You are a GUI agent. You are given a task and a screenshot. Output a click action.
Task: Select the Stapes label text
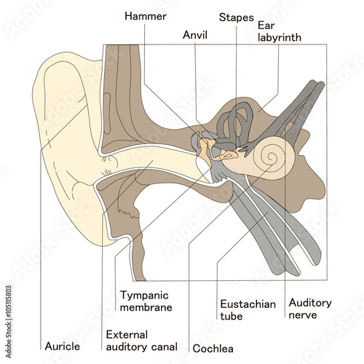click(236, 16)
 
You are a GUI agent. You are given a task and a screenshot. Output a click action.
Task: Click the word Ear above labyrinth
click(266, 24)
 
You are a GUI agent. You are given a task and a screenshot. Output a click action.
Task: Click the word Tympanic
click(143, 296)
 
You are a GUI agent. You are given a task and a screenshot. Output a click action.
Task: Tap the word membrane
click(146, 307)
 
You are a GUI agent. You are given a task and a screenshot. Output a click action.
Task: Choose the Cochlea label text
click(213, 348)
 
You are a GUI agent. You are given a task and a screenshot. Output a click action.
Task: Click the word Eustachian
click(248, 304)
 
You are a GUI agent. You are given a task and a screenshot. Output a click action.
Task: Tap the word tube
click(231, 316)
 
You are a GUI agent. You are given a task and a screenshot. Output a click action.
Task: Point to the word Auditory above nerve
click(310, 302)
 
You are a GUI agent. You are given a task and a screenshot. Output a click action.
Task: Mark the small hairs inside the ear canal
click(109, 171)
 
